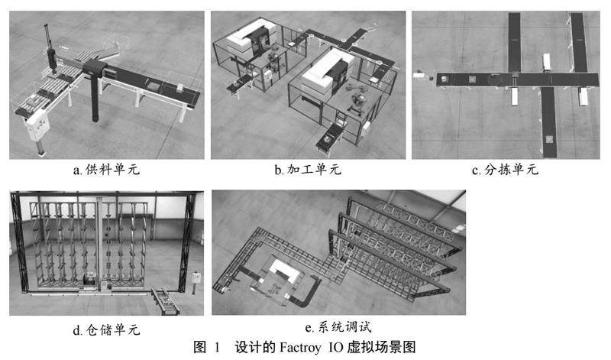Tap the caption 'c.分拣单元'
(x=506, y=170)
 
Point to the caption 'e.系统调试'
(x=337, y=328)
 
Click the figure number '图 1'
(x=205, y=347)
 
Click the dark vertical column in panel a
(x=95, y=96)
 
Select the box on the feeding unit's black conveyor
(x=153, y=87)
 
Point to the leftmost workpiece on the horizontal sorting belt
(x=443, y=76)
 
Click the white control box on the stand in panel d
(x=197, y=276)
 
